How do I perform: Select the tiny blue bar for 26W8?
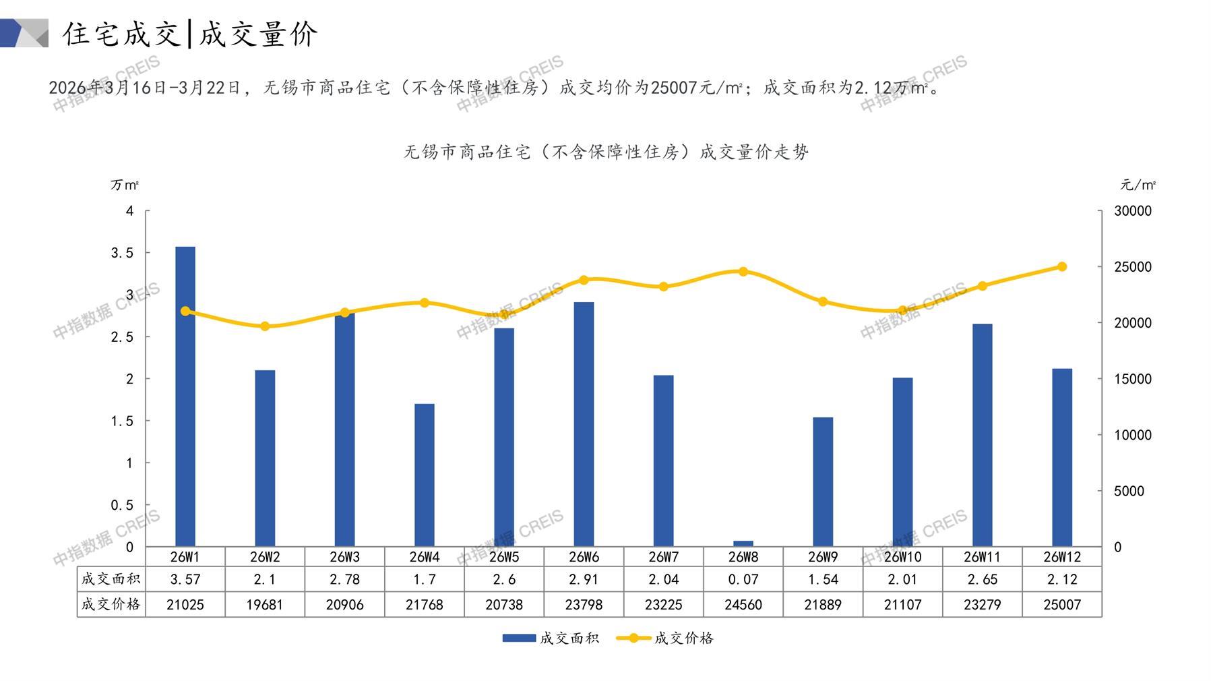click(743, 543)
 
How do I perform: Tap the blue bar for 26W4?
click(425, 475)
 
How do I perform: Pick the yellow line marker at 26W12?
click(1062, 267)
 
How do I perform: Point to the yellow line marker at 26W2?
click(265, 326)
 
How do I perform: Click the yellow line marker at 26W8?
click(743, 272)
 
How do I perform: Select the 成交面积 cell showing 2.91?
click(584, 579)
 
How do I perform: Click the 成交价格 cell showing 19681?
click(265, 605)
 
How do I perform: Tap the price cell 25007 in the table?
click(1062, 605)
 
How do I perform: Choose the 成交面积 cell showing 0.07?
click(743, 579)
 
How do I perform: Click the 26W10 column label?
click(902, 557)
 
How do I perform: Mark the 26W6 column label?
click(584, 557)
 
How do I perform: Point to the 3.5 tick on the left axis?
click(122, 253)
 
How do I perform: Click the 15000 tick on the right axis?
click(1133, 379)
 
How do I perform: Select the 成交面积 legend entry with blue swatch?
click(551, 638)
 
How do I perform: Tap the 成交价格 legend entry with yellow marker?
click(665, 638)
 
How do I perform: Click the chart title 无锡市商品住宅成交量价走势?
click(606, 152)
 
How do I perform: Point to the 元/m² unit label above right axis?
click(1138, 185)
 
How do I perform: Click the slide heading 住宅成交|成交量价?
click(190, 34)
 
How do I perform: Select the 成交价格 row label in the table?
click(111, 604)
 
